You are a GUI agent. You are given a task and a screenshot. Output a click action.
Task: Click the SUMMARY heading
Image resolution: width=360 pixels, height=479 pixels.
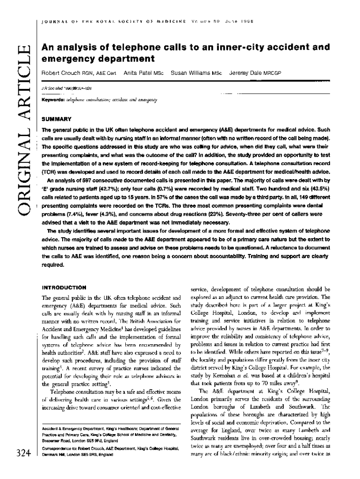pos(56,119)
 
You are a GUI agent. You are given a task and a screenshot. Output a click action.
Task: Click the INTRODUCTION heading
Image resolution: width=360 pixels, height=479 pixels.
pos(64,287)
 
